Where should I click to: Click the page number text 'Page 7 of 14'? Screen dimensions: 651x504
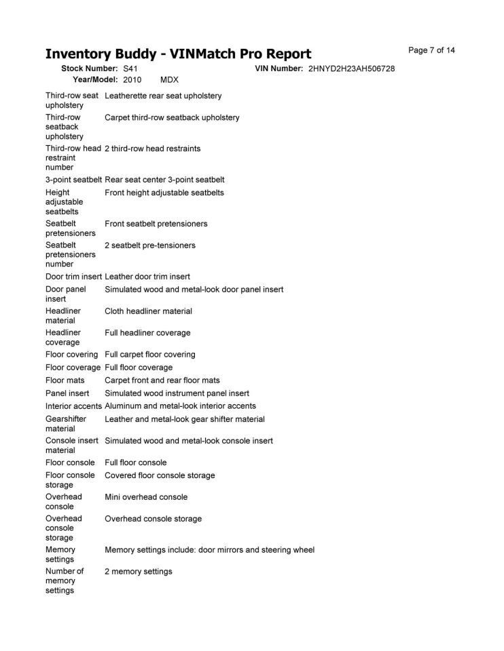click(x=431, y=50)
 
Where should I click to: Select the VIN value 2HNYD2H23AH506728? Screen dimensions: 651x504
click(x=351, y=69)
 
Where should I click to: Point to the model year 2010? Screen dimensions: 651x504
click(x=132, y=79)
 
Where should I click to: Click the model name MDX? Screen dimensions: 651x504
click(x=169, y=79)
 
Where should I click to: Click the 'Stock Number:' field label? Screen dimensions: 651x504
click(x=90, y=69)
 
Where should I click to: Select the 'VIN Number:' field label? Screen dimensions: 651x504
click(x=278, y=69)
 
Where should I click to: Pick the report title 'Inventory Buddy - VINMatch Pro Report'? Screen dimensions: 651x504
click(x=178, y=54)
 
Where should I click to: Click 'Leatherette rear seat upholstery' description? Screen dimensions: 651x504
click(x=163, y=96)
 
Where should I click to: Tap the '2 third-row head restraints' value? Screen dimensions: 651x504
click(x=152, y=148)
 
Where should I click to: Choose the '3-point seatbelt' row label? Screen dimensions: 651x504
click(x=73, y=180)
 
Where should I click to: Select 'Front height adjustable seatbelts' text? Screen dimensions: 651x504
click(x=164, y=193)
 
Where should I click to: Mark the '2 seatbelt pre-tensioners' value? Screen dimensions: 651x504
click(x=149, y=245)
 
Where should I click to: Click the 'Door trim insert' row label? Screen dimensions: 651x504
click(x=73, y=277)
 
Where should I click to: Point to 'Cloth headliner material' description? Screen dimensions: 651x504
click(x=148, y=311)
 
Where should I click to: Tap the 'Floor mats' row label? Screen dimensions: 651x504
click(x=65, y=380)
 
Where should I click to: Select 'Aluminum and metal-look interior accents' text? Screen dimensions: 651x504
click(x=180, y=406)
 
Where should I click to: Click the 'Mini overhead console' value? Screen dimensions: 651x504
click(x=146, y=497)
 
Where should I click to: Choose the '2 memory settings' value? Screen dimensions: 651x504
click(x=138, y=572)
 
